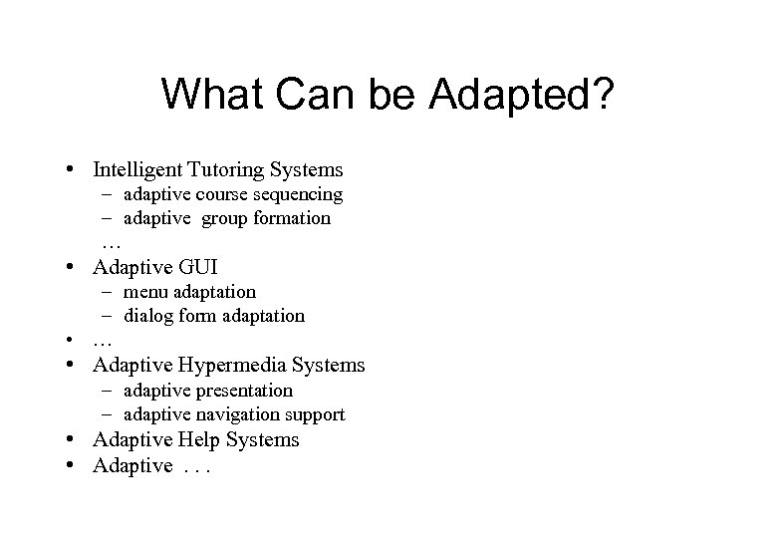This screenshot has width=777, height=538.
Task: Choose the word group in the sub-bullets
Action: (228, 218)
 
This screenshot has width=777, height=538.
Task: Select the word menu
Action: (146, 292)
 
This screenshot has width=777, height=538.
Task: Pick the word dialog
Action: (148, 316)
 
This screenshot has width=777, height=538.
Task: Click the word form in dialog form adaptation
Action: (196, 316)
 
